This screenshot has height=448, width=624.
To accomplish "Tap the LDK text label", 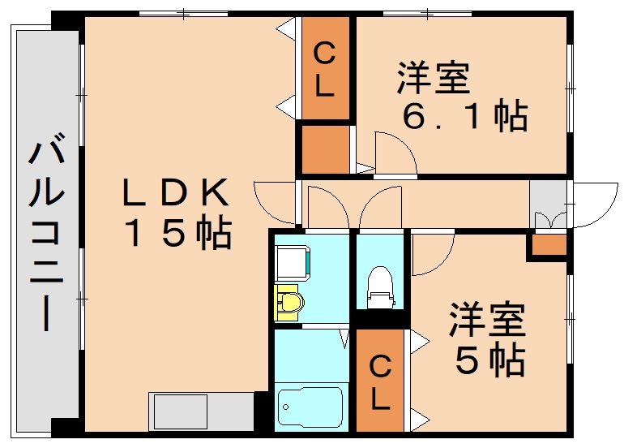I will (175, 193).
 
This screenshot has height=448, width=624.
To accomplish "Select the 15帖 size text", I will (177, 234).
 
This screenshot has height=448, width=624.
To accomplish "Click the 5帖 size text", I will (489, 360).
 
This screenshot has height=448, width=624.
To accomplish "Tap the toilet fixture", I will (380, 288).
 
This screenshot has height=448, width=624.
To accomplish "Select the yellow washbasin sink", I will (289, 303).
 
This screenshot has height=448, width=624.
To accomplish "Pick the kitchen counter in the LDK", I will (200, 412).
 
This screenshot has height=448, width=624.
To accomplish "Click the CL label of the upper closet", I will (324, 71).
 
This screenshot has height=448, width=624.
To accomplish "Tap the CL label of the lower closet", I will (380, 383).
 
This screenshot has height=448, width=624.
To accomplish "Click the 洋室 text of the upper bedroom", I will (433, 80).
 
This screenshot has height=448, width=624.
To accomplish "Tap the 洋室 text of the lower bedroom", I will (487, 320).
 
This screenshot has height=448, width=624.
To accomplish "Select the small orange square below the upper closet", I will (324, 148).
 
